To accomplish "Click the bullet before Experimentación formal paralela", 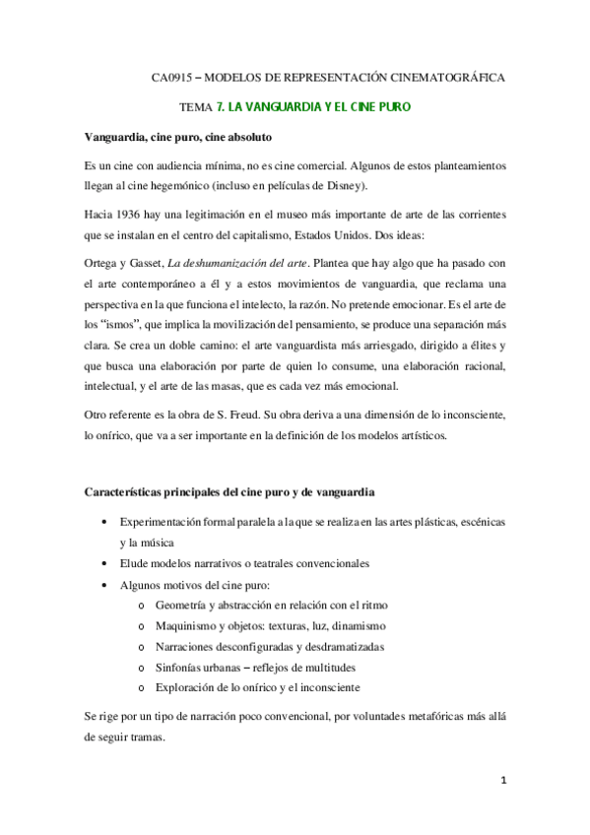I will (x=105, y=521).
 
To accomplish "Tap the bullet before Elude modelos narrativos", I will (x=105, y=564).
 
